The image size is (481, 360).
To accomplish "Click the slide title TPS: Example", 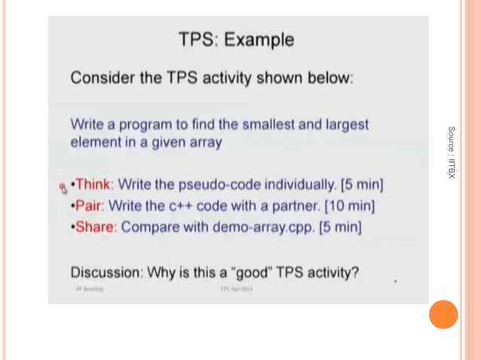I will (236, 39).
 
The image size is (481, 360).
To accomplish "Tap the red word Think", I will (93, 184).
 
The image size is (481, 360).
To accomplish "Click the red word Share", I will (96, 227).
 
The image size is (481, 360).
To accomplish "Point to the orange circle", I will (443, 314).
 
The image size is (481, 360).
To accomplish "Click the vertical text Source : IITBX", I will (451, 152).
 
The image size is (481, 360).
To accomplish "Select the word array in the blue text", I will (204, 142).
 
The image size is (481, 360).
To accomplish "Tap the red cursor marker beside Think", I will (63, 187).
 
